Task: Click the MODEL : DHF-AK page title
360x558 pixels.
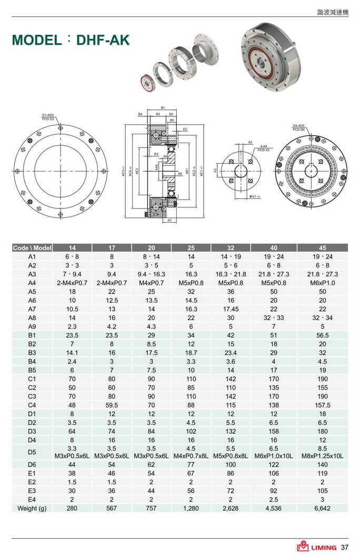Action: tap(70, 40)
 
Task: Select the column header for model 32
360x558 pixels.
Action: tap(231, 247)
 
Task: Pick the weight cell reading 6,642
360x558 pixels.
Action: tap(322, 508)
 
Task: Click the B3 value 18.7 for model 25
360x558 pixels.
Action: tap(191, 352)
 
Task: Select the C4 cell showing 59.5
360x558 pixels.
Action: tap(112, 405)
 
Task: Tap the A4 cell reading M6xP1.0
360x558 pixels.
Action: tap(322, 283)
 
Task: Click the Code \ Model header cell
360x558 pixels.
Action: tap(32, 247)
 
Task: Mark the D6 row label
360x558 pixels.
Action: tap(32, 464)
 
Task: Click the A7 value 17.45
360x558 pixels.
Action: tap(231, 309)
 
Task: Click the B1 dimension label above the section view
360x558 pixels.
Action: tap(163, 107)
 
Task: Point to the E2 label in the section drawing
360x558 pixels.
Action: tap(185, 129)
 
